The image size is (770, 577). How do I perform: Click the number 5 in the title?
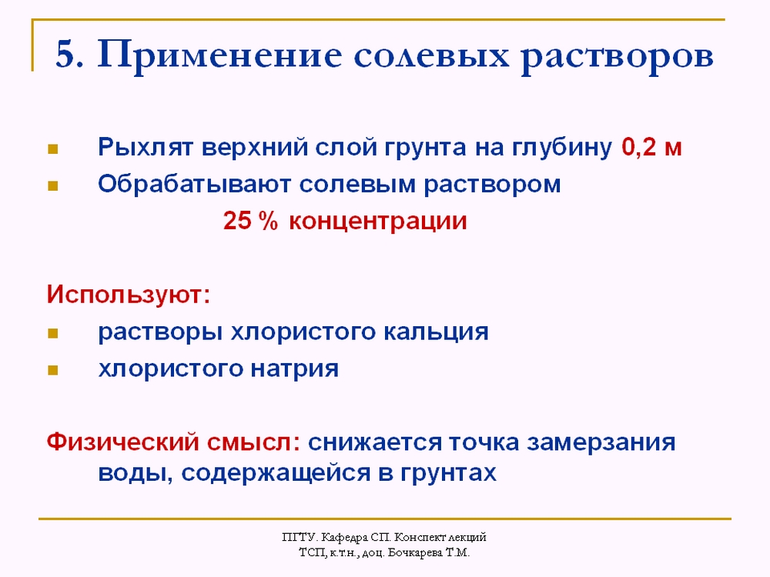click(x=66, y=54)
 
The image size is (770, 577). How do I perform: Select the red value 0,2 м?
click(x=651, y=147)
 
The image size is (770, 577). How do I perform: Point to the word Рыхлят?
click(x=145, y=147)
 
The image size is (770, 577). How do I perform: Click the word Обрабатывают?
click(x=195, y=185)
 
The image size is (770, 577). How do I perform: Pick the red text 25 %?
click(x=250, y=221)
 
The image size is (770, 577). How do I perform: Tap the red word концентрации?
click(x=377, y=222)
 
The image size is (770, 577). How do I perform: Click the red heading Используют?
click(x=129, y=295)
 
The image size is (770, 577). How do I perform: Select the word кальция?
click(x=436, y=332)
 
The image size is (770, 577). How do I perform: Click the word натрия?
click(x=295, y=369)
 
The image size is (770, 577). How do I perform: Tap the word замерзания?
click(x=601, y=442)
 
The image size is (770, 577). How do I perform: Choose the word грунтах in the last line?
click(x=448, y=473)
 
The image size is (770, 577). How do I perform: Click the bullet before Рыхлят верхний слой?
click(x=52, y=148)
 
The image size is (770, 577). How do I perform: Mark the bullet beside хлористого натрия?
click(x=52, y=370)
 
